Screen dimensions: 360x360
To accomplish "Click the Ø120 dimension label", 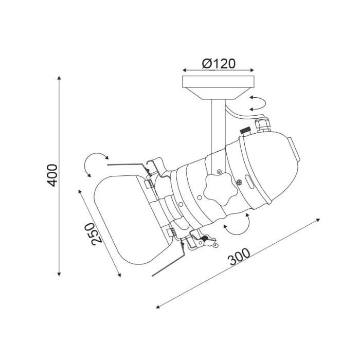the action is point(219,64).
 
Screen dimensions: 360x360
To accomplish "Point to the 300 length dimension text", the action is point(239,257).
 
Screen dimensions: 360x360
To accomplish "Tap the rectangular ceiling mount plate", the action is point(218,81).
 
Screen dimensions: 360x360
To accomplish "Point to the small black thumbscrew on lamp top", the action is point(245,131).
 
